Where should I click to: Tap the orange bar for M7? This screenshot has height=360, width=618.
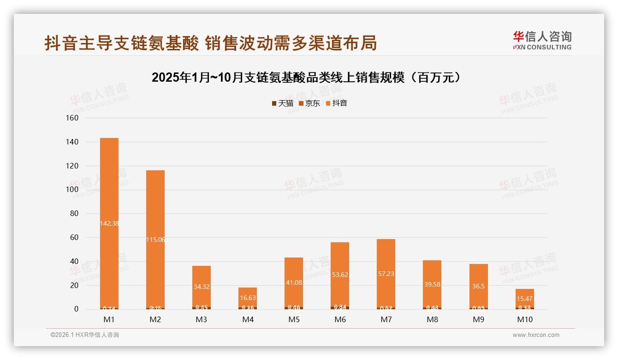coord(386,258)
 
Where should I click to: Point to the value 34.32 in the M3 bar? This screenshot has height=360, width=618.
coord(202,287)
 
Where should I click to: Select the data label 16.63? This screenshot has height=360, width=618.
coord(248,298)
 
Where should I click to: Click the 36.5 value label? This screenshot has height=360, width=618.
coord(479,286)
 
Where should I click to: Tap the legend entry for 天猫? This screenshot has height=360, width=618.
coord(283,103)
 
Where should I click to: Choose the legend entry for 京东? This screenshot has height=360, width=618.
coord(309,103)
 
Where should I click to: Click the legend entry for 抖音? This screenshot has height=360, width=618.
coord(337,103)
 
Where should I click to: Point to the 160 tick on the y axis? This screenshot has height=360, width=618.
coord(72,118)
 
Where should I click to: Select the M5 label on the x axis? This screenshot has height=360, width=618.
coord(294,319)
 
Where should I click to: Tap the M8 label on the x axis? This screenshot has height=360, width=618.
coord(432,319)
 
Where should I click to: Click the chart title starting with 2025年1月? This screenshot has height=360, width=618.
coord(306,78)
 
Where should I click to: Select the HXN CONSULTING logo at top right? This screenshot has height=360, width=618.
coord(542,41)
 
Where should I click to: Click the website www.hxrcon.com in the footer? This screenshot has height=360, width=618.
coord(536,335)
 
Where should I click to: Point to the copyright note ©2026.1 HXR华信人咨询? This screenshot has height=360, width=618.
coord(85,335)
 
